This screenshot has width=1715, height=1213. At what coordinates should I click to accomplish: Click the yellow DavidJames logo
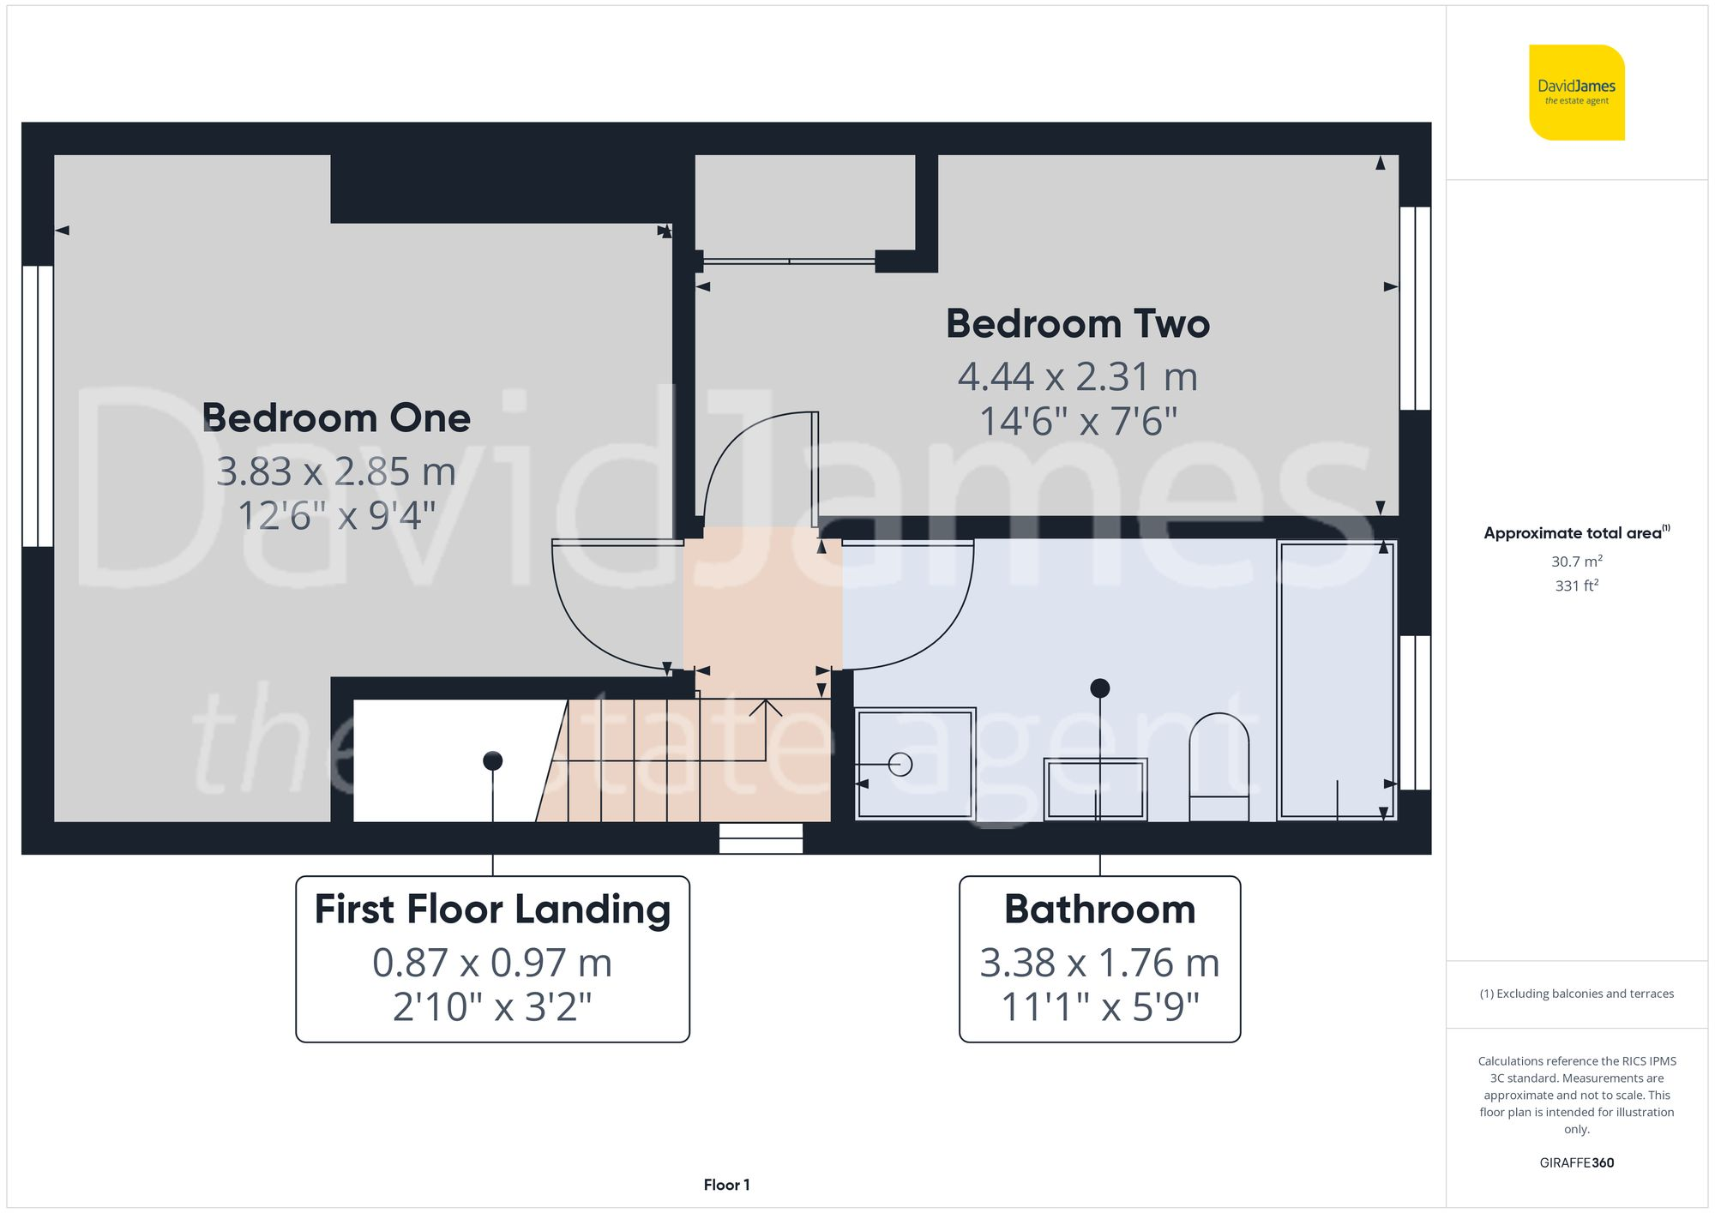coord(1576,93)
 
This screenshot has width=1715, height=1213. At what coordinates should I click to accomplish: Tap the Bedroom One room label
coord(336,418)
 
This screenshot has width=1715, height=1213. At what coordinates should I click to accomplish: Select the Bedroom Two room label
coord(1077,324)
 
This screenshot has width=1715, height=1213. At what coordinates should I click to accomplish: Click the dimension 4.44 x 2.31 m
coord(1077,377)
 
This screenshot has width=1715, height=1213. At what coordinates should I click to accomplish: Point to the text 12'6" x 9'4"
coord(336,516)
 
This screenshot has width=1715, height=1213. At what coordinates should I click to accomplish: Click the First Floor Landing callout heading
coord(492,910)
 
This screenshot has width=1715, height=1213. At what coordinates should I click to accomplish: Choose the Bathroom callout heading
coord(1099,910)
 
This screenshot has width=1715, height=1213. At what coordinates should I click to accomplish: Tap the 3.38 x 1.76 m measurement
coord(1099,963)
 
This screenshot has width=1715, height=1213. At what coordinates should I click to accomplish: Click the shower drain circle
coord(900,764)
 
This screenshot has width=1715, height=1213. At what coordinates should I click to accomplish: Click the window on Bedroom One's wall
coord(38,405)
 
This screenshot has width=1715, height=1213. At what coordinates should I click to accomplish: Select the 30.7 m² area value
coord(1576,561)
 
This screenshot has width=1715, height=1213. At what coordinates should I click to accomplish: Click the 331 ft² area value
coord(1576,585)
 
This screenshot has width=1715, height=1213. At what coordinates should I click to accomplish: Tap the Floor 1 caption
coord(726,1185)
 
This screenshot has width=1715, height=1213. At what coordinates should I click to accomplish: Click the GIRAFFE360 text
coord(1576,1162)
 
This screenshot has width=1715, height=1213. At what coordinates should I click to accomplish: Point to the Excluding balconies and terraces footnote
coord(1576,994)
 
